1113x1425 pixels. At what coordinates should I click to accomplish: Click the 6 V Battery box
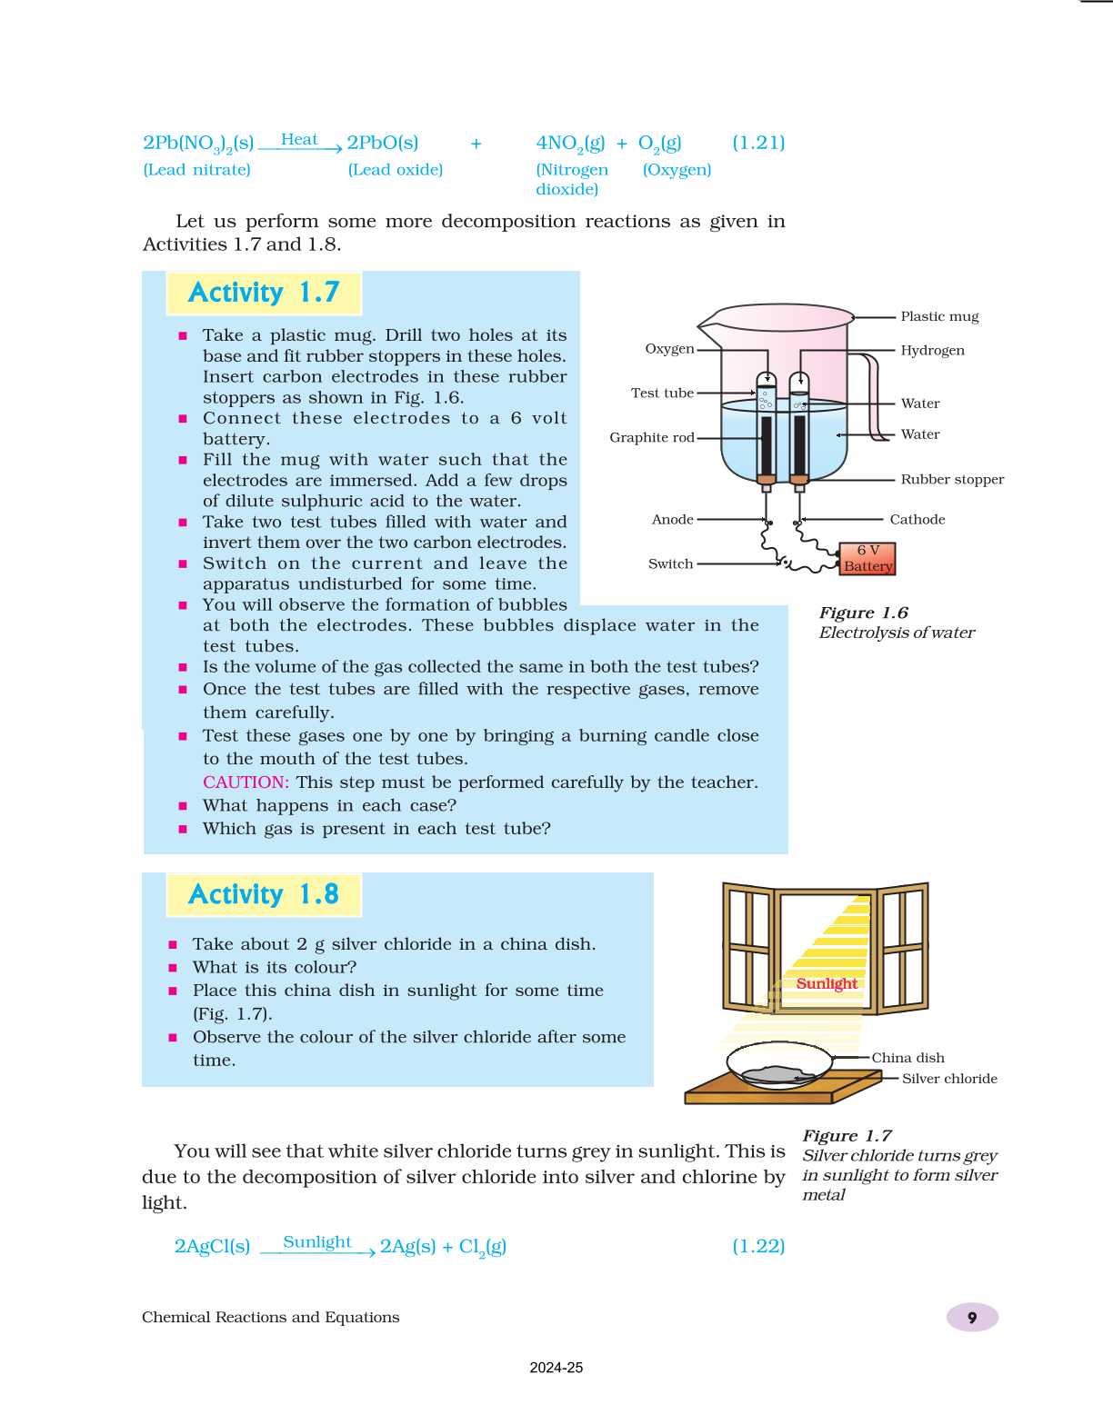click(x=867, y=558)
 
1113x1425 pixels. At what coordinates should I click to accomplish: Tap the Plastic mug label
click(x=939, y=316)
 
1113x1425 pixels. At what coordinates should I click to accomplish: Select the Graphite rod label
click(x=651, y=437)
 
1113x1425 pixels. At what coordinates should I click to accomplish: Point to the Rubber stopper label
click(x=952, y=479)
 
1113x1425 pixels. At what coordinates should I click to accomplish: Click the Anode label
click(x=672, y=519)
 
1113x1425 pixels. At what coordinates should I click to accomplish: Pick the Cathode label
click(x=917, y=519)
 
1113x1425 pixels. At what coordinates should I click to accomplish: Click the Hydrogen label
click(x=932, y=350)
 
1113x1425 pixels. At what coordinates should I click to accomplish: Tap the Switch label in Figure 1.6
click(x=670, y=563)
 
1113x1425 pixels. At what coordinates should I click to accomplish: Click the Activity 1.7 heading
click(x=264, y=293)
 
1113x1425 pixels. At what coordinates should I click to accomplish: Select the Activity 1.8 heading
click(x=264, y=894)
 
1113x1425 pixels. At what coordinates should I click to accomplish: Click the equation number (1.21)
click(x=758, y=143)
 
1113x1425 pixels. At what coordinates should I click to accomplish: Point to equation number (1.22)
click(x=758, y=1246)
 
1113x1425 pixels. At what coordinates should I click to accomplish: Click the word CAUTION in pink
click(x=246, y=782)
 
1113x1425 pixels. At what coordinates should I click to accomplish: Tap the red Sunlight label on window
click(x=827, y=983)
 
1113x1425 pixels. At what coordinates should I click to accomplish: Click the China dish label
click(x=907, y=1058)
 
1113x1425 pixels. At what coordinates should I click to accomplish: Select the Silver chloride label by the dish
click(x=949, y=1079)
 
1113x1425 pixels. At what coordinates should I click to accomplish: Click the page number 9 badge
click(x=972, y=1318)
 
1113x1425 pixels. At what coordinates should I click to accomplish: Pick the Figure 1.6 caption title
click(x=863, y=613)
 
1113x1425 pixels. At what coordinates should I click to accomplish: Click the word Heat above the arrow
click(x=299, y=139)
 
